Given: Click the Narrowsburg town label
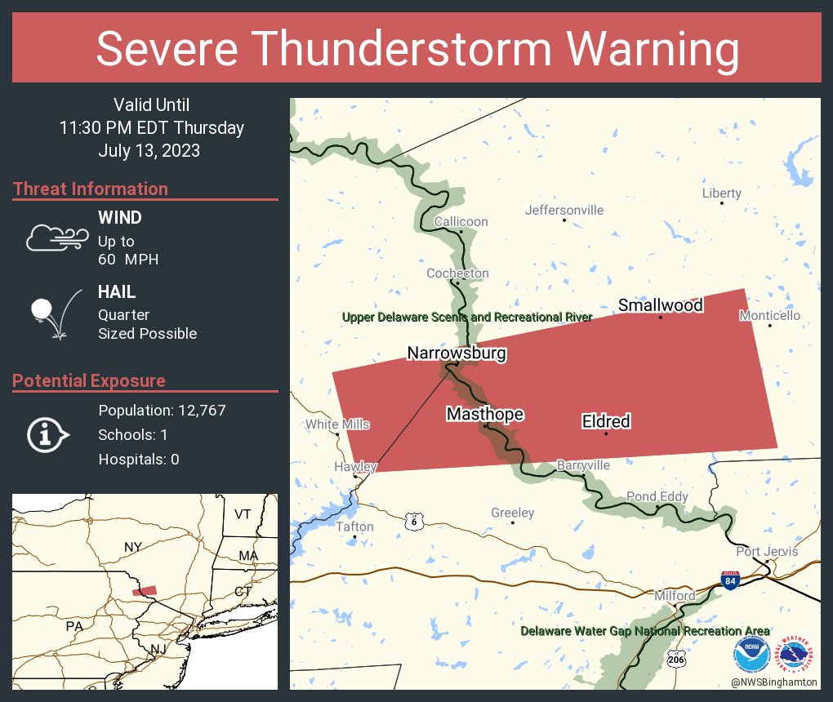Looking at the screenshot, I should [457, 353].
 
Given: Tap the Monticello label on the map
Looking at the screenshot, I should [769, 316].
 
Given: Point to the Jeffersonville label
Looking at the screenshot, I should [564, 211].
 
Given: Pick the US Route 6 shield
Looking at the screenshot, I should [415, 521].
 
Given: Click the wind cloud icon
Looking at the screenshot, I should [56, 238].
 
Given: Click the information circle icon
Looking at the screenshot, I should [48, 434].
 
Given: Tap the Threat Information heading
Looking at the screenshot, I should [91, 189].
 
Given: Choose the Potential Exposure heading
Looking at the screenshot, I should [89, 381].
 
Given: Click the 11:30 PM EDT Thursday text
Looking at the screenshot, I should [152, 128].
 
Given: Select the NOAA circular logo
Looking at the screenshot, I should [751, 655].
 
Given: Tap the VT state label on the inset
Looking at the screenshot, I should [243, 514].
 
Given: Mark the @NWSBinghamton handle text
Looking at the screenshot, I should [775, 682].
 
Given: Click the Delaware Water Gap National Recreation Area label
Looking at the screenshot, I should [645, 631].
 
